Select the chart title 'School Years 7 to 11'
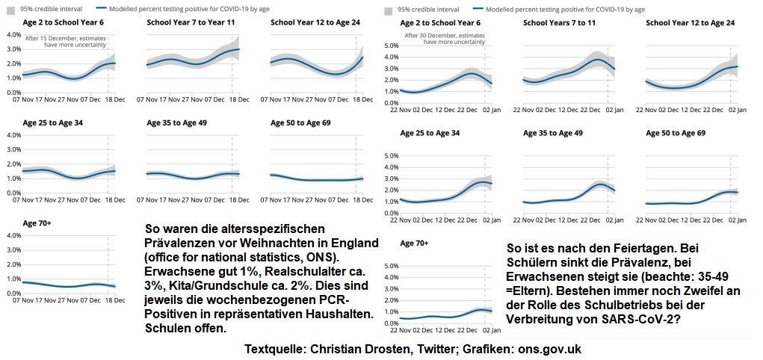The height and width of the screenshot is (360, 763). (x=560, y=23)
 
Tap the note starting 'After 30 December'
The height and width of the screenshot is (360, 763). (x=445, y=35)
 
